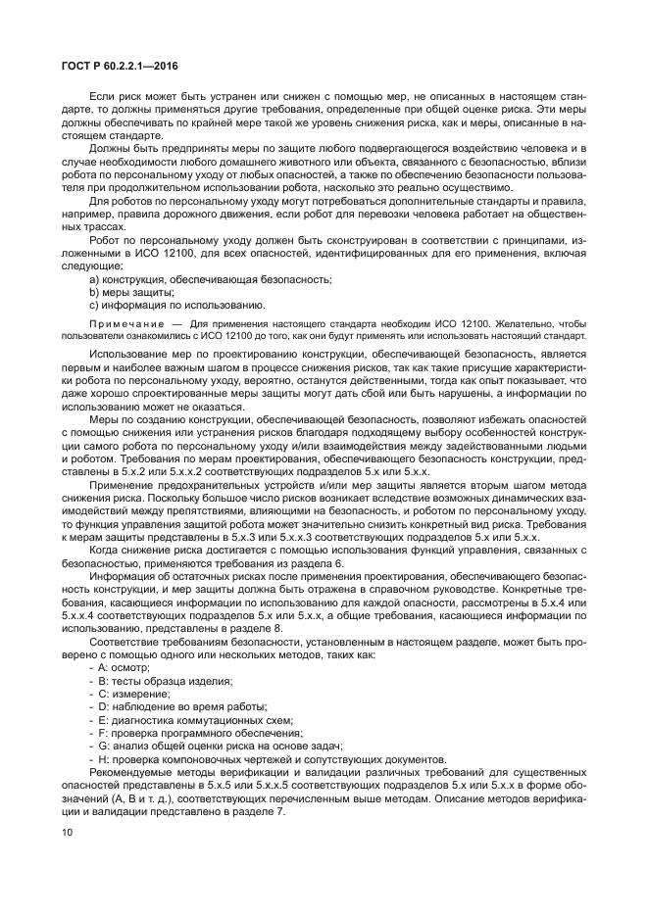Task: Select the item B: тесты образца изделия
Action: tap(160, 680)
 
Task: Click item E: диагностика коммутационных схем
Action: tap(190, 719)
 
